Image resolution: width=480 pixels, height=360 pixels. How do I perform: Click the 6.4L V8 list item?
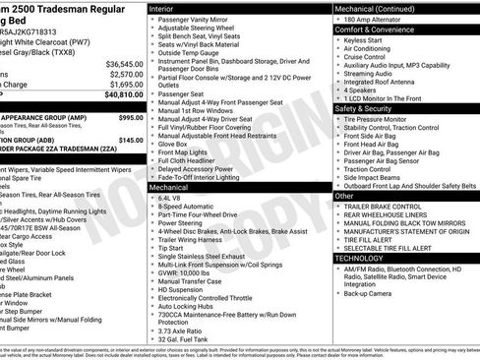coord(172,198)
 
